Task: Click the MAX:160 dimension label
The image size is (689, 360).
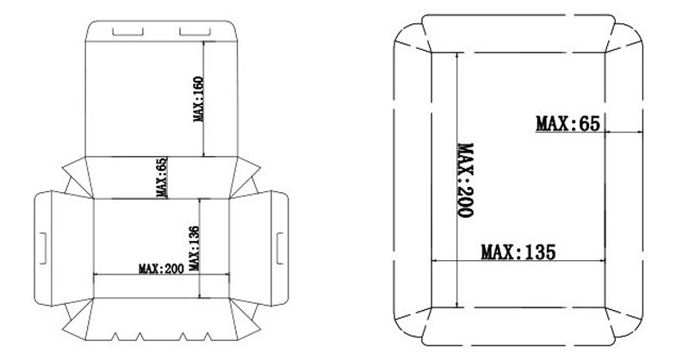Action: pos(199,99)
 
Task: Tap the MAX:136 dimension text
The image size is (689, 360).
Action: pos(194,248)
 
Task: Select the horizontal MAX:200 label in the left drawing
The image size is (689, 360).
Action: pos(161,269)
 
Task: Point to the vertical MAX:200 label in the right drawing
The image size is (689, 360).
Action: pos(465,180)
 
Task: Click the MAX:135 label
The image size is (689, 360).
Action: pos(518,252)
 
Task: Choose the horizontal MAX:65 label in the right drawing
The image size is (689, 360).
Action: pos(568,123)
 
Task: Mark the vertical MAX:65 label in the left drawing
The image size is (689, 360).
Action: pos(162,177)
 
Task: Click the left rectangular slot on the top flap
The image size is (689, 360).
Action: pos(127,32)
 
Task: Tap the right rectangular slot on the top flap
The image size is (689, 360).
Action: pos(196,32)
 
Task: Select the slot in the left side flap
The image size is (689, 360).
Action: pos(43,248)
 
